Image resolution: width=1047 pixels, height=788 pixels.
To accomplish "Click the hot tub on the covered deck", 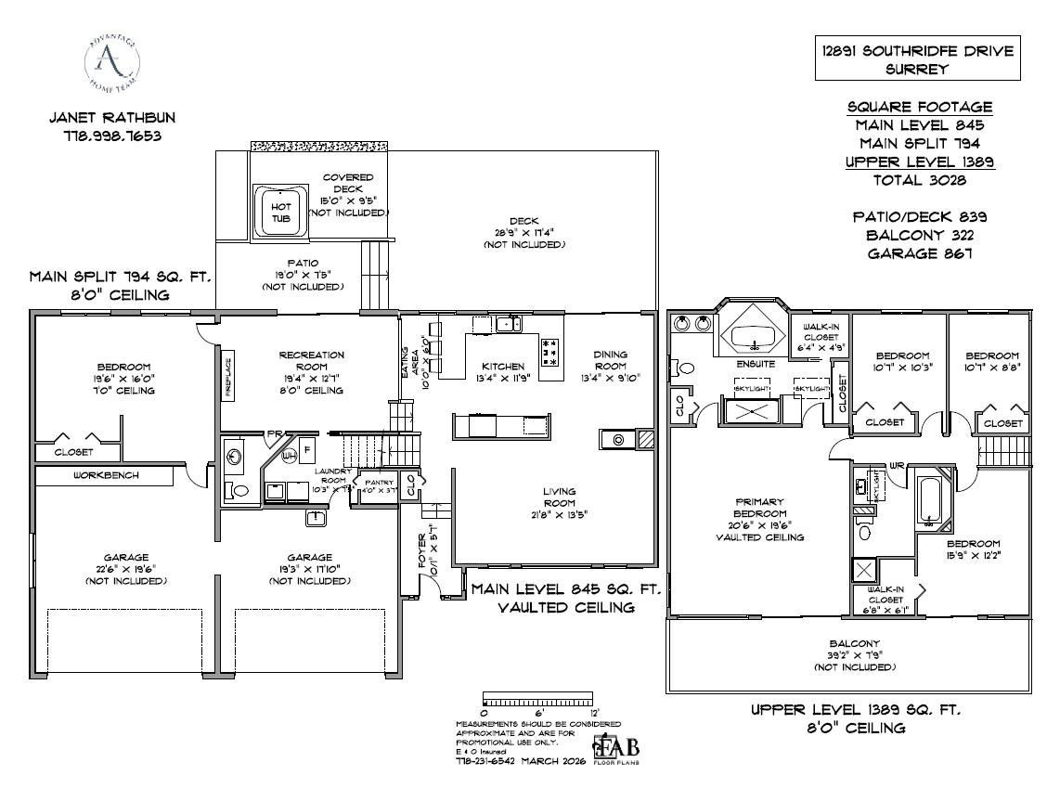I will point(279,209).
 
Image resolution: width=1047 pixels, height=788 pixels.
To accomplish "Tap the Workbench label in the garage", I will point(106,475).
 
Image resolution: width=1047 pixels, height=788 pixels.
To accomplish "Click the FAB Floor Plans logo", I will point(616,748).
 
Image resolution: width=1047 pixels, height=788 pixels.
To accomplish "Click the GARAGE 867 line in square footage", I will point(921,252).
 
